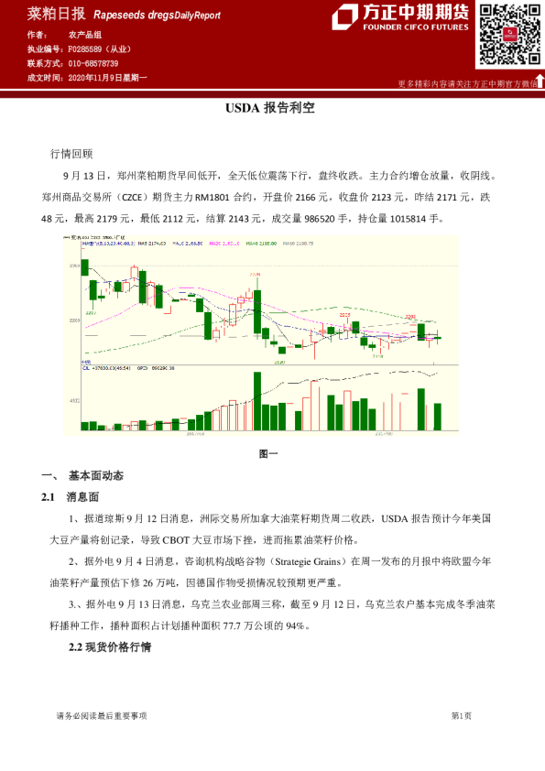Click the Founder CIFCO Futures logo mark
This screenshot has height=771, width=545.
tap(347, 18)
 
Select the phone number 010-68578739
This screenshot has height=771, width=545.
tap(93, 63)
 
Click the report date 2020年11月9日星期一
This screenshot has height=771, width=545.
tap(107, 78)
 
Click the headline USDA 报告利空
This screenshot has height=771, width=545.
tap(271, 107)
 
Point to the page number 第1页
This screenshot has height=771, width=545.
tap(461, 715)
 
